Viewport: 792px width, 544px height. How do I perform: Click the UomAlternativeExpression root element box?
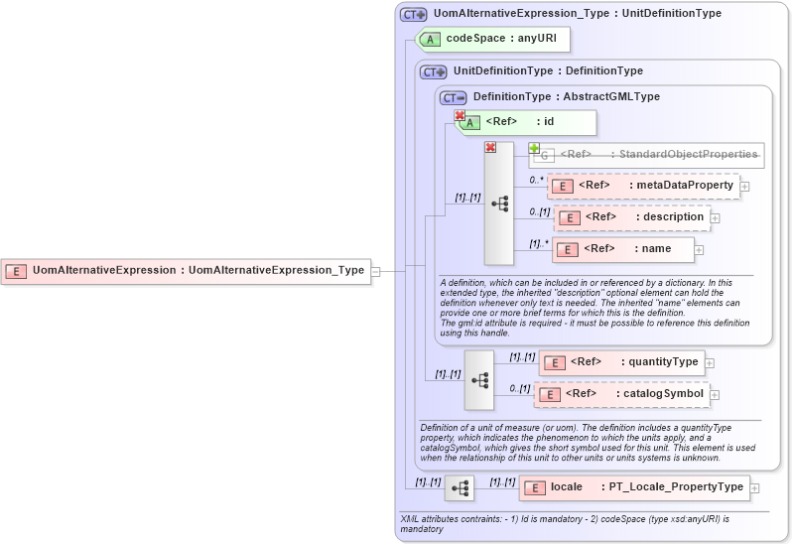coord(187,270)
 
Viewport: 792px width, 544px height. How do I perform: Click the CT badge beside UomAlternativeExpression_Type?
coord(413,15)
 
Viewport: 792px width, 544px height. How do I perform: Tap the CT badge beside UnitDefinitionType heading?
coord(434,71)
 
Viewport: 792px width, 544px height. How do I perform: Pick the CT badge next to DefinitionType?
coord(453,97)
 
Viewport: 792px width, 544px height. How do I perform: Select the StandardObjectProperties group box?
coord(648,154)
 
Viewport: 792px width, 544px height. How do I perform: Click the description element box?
coord(631,217)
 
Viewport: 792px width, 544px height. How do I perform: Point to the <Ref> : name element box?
coord(622,249)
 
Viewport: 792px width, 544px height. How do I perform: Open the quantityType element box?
coord(621,362)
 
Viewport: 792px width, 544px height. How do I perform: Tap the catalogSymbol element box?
coord(622,394)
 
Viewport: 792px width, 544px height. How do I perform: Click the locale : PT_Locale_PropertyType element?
coord(633,487)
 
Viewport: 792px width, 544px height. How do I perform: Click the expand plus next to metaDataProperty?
coord(744,187)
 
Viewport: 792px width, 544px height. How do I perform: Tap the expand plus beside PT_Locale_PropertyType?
coord(755,488)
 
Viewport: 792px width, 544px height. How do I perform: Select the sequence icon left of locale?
coord(460,487)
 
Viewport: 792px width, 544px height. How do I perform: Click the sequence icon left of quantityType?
coord(479,379)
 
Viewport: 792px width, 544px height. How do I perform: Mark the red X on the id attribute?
coord(460,116)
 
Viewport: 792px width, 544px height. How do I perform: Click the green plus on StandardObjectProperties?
coord(534,148)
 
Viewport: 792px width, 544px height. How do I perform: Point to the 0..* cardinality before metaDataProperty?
coord(536,180)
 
